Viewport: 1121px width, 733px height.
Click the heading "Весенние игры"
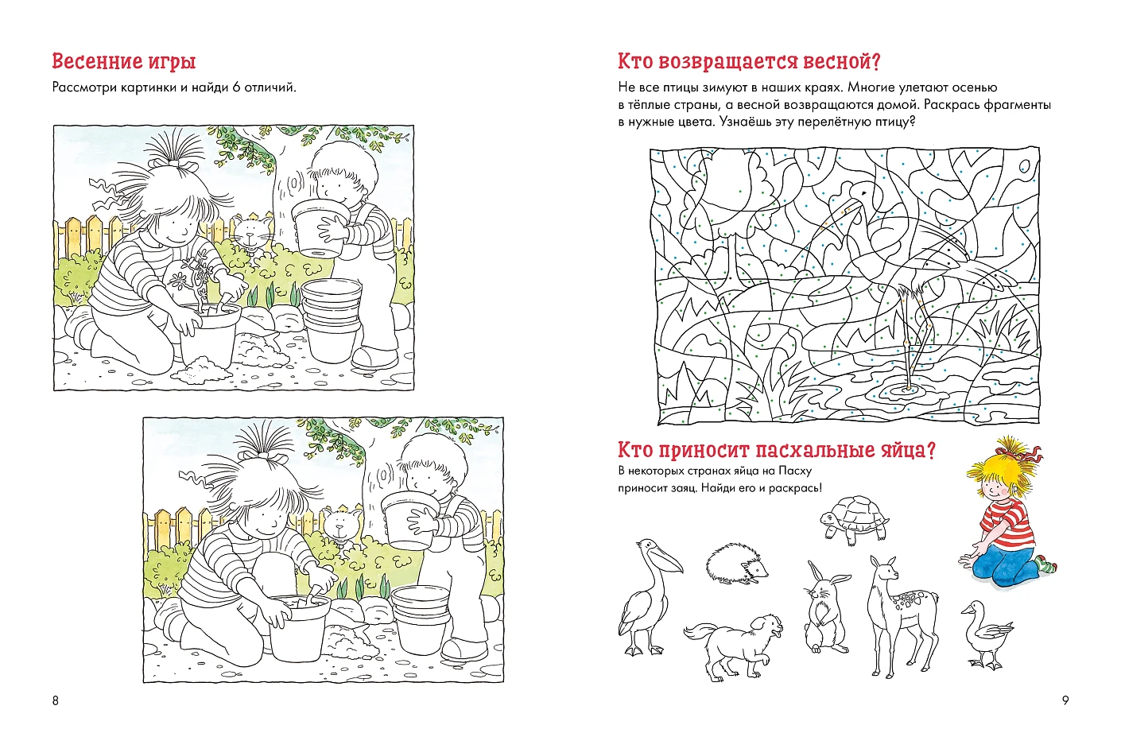(123, 61)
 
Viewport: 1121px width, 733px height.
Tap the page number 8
(56, 700)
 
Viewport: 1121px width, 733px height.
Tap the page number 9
(1065, 700)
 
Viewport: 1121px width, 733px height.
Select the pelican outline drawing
(648, 596)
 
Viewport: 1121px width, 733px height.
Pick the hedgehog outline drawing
(737, 564)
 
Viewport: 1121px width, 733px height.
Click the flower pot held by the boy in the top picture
(320, 227)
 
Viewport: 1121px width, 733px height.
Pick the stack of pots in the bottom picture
(421, 619)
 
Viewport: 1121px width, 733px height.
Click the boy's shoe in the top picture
(374, 357)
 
